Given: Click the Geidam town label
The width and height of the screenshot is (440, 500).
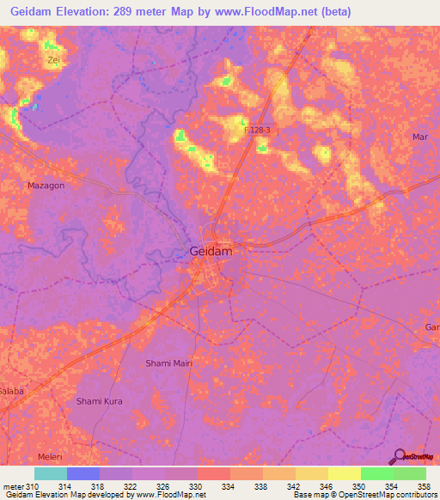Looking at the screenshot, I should click(211, 252).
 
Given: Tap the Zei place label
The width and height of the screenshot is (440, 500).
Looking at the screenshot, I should click(55, 60).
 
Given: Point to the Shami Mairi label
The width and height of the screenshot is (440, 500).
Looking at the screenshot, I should click(168, 363).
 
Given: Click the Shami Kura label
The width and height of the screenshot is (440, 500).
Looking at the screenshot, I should click(101, 401).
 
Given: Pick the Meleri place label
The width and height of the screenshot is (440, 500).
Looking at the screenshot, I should click(51, 456).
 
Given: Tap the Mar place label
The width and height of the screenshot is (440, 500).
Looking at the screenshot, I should click(420, 137).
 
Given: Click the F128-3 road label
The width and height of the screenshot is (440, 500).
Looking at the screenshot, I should click(257, 130).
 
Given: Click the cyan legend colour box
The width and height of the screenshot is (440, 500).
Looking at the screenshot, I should click(51, 473).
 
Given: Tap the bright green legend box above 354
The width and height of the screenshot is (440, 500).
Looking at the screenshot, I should click(377, 473).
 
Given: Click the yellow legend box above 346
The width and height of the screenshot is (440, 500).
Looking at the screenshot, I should click(312, 473).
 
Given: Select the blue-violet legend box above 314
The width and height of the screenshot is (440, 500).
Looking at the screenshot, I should click(83, 473).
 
